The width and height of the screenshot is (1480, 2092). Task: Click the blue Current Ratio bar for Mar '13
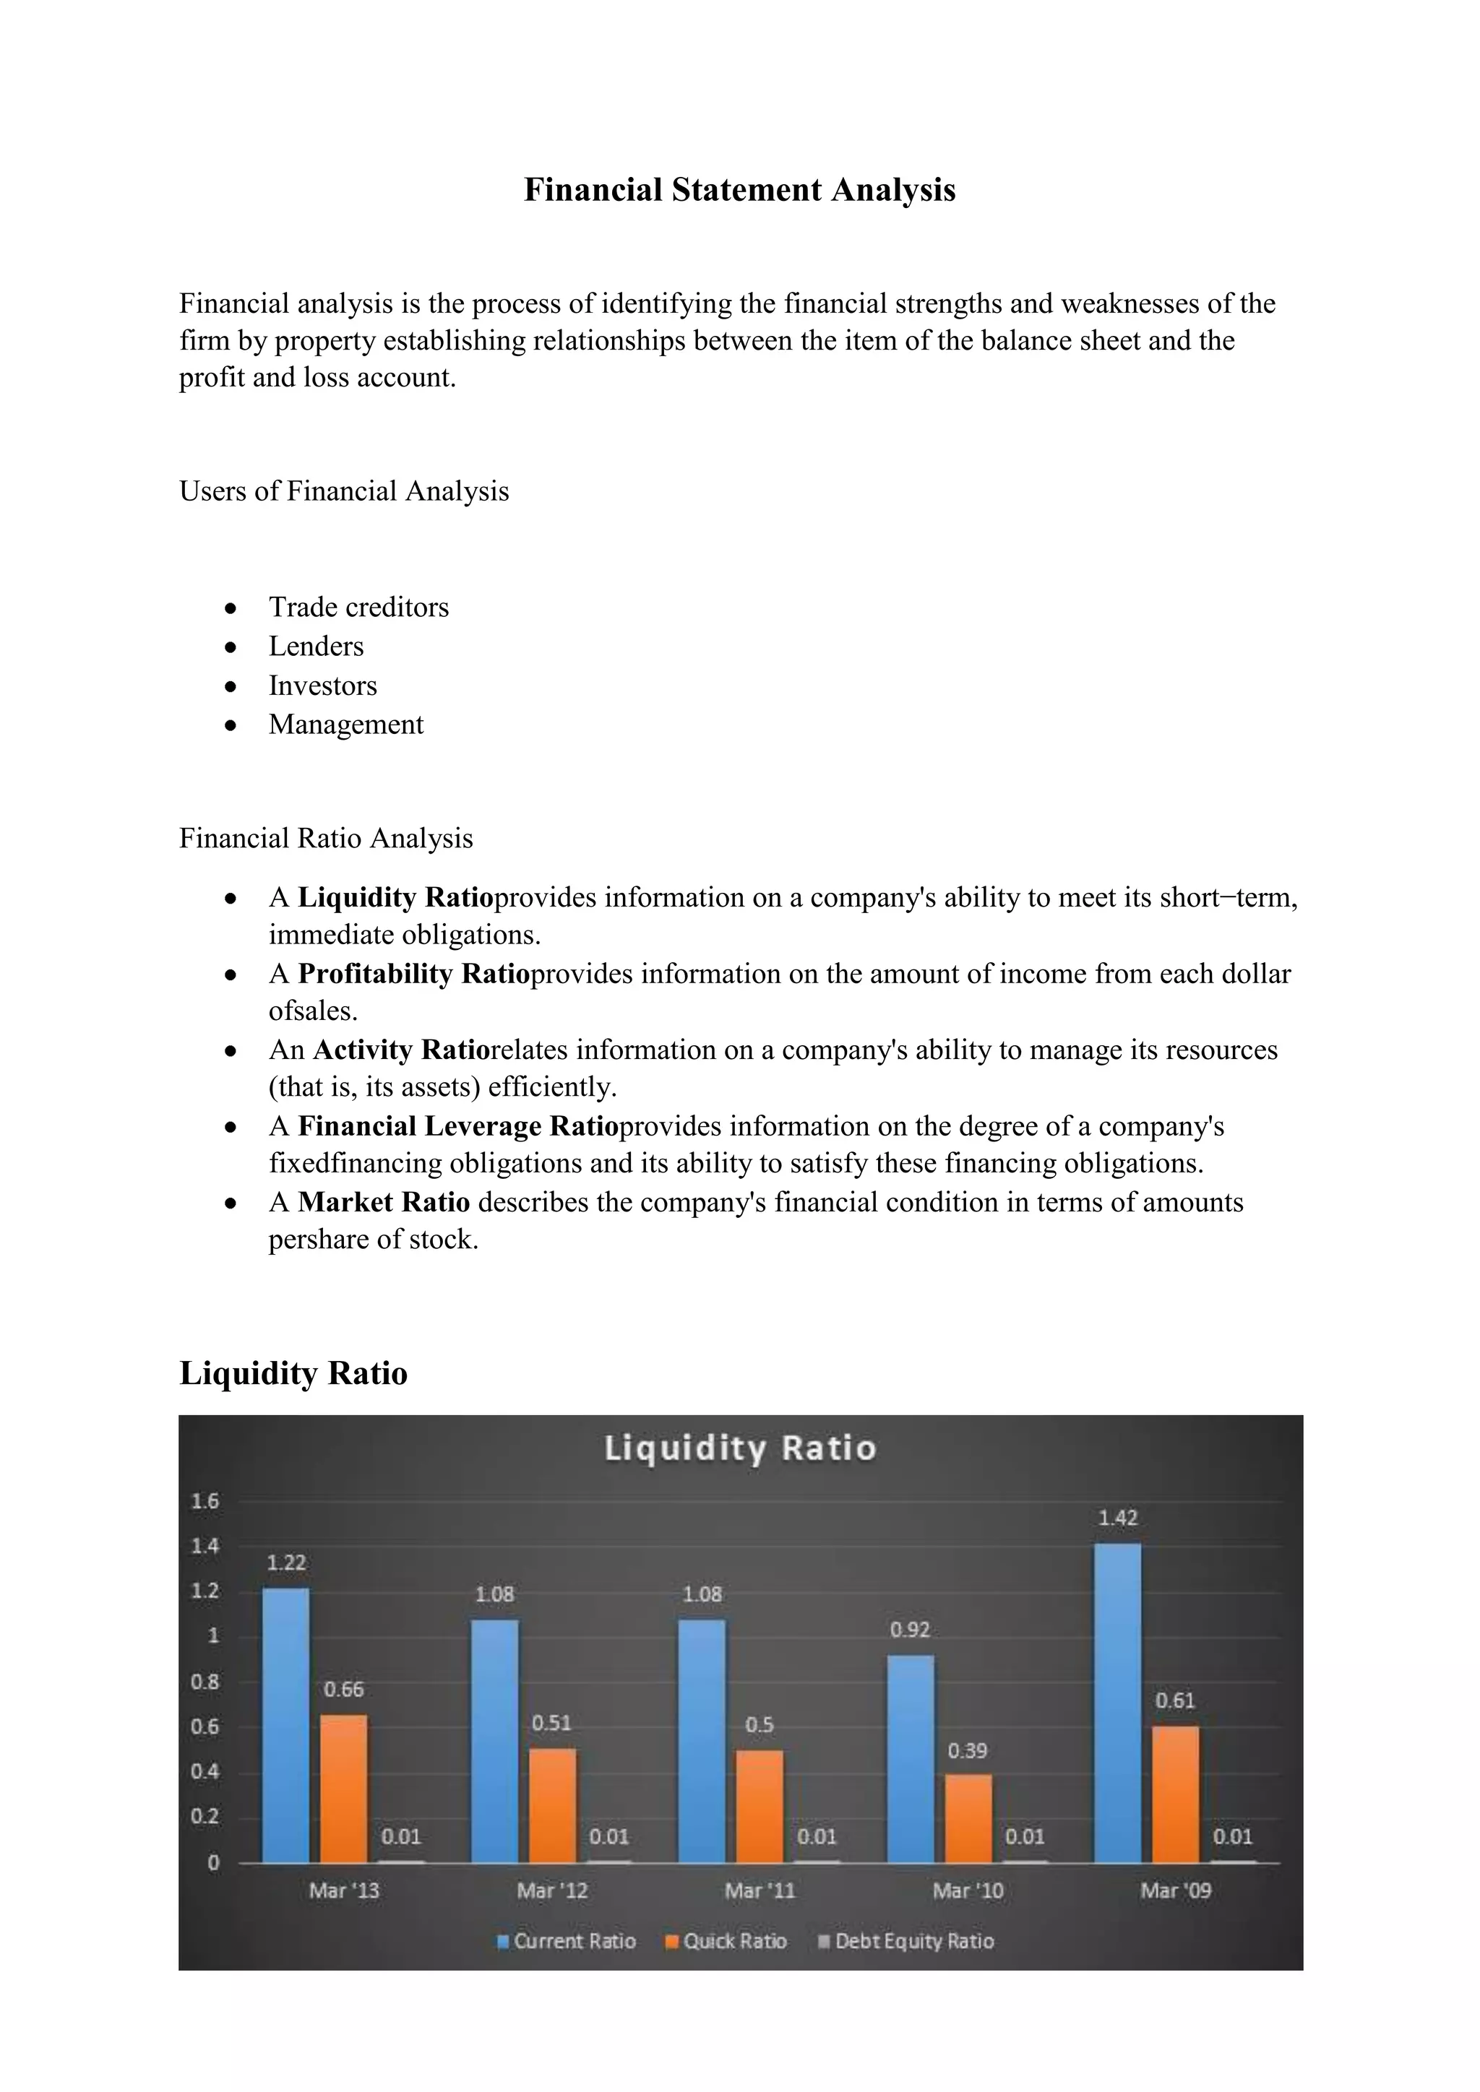285,1725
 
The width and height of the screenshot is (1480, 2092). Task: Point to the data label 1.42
1117,1518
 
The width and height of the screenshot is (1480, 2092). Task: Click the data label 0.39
967,1750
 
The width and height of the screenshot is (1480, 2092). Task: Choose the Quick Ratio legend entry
726,1942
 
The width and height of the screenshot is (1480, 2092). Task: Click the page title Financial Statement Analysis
739,189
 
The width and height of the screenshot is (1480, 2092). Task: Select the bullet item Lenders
315,646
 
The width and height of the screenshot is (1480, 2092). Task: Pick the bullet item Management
345,725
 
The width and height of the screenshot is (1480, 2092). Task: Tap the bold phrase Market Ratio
384,1203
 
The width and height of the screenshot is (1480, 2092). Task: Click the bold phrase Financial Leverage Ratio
457,1127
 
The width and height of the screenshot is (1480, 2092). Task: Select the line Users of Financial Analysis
343,491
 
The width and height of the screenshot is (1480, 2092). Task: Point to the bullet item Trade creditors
358,607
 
